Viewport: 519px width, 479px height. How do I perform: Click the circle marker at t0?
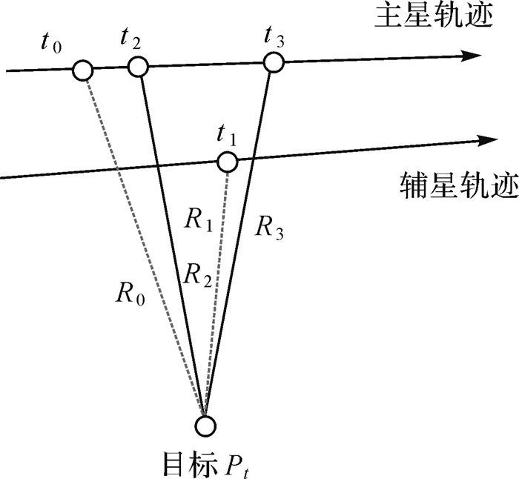[82, 71]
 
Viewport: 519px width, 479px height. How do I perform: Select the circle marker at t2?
[139, 67]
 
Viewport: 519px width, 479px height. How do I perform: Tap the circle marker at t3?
[274, 62]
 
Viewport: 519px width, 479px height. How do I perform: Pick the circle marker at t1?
[227, 161]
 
